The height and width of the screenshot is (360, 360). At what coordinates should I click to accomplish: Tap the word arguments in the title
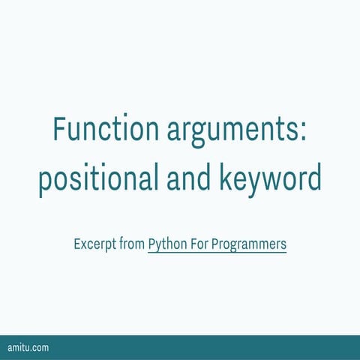(x=229, y=130)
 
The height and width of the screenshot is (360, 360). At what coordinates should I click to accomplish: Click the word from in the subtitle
(x=131, y=244)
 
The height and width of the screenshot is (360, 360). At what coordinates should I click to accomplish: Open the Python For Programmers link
(x=217, y=244)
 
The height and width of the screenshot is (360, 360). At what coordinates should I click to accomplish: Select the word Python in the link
(x=166, y=244)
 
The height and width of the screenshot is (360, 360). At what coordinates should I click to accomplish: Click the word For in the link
(x=197, y=244)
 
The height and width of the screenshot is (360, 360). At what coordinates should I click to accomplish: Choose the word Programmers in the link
(x=249, y=244)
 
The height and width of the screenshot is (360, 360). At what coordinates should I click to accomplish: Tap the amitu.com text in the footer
(x=28, y=348)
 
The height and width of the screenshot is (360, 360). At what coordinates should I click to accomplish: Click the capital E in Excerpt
(x=77, y=244)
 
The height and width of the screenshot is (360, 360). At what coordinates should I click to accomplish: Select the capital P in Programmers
(x=215, y=244)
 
